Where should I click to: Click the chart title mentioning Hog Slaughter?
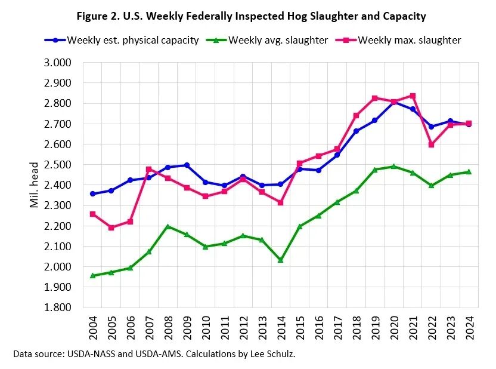pyautogui.click(x=251, y=16)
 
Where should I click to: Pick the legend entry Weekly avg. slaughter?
pyautogui.click(x=277, y=41)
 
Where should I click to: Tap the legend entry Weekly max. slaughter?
pyautogui.click(x=408, y=41)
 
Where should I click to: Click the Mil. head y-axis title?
pyautogui.click(x=34, y=185)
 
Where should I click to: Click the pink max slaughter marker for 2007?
pyautogui.click(x=148, y=170)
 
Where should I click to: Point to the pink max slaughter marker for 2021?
pyautogui.click(x=412, y=96)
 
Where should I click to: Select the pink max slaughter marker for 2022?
pyautogui.click(x=431, y=144)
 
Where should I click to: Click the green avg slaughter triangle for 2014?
pyautogui.click(x=281, y=260)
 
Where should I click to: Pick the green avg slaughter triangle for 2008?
pyautogui.click(x=168, y=226)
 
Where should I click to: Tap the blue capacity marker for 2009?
pyautogui.click(x=187, y=165)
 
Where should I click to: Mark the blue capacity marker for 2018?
pyautogui.click(x=356, y=131)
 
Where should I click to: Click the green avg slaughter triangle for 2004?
pyautogui.click(x=92, y=275)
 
